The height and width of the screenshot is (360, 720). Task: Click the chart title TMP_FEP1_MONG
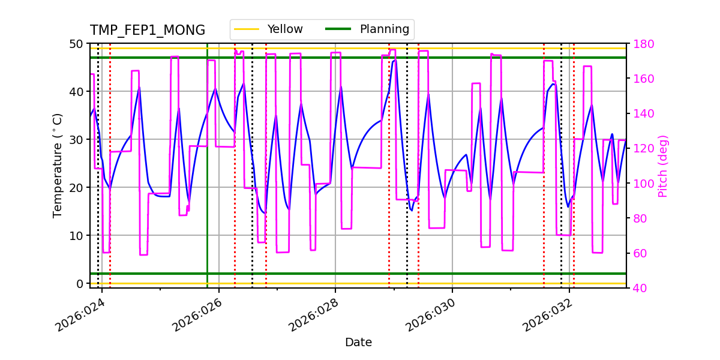point(148,31)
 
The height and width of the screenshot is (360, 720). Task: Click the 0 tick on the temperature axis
point(80,283)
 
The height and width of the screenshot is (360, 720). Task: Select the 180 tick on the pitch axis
point(642,44)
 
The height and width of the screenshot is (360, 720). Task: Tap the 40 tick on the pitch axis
point(640,288)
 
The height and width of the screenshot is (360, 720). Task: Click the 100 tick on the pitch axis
point(642,184)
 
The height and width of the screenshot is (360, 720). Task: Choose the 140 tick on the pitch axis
point(642,114)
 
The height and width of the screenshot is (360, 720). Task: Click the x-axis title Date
point(358,343)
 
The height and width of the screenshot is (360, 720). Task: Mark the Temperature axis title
point(58,166)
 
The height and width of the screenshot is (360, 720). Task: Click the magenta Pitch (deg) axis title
point(663,166)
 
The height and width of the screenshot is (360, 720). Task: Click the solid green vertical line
point(207,180)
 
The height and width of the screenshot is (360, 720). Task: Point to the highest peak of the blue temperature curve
point(395,60)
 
